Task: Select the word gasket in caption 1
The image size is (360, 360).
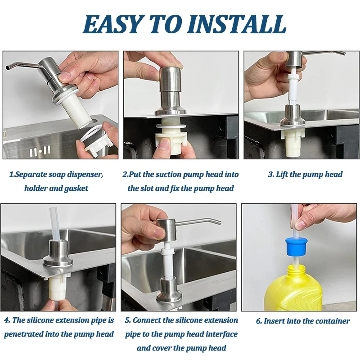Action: coord(76,189)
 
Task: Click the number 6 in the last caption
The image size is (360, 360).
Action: coord(259,321)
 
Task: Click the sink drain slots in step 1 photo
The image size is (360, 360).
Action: coord(40,151)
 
